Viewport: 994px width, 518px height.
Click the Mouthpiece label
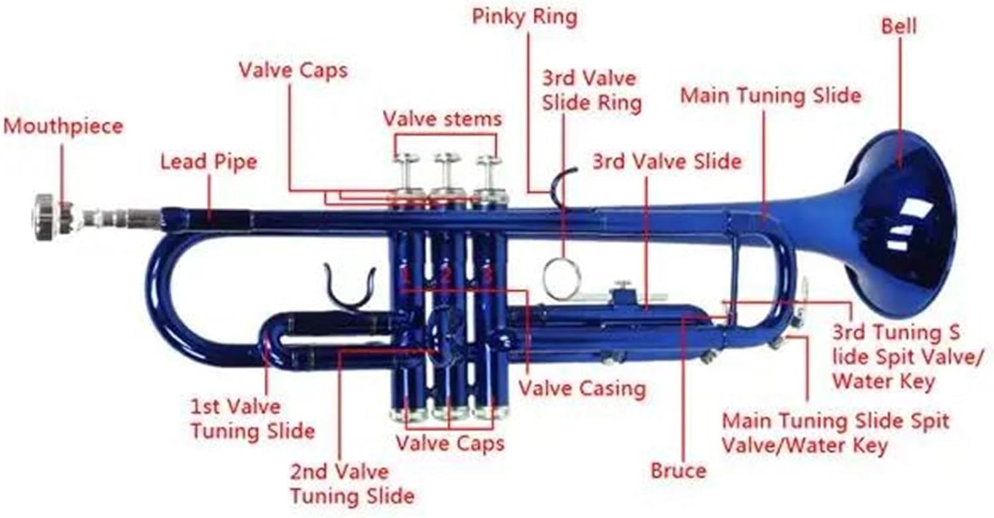click(x=64, y=126)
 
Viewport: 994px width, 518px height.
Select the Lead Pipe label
click(x=208, y=162)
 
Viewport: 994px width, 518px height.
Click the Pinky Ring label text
click(x=524, y=17)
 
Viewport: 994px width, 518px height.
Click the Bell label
click(x=899, y=27)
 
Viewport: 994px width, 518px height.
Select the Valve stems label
click(x=442, y=119)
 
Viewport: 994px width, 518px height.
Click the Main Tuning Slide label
click(x=771, y=96)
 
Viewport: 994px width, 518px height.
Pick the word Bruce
click(x=678, y=471)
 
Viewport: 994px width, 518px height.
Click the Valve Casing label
click(x=581, y=389)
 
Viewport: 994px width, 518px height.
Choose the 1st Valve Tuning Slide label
click(x=252, y=419)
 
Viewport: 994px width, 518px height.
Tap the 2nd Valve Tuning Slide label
click(x=352, y=484)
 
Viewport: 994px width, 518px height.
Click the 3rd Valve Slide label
click(x=667, y=161)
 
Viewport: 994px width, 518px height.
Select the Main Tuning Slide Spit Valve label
click(x=835, y=432)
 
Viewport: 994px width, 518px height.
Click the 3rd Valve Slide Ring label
click(x=591, y=91)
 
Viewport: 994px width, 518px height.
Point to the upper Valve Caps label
click(x=293, y=70)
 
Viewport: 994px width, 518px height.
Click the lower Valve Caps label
click(x=450, y=442)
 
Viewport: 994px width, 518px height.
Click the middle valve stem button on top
click(x=447, y=159)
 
